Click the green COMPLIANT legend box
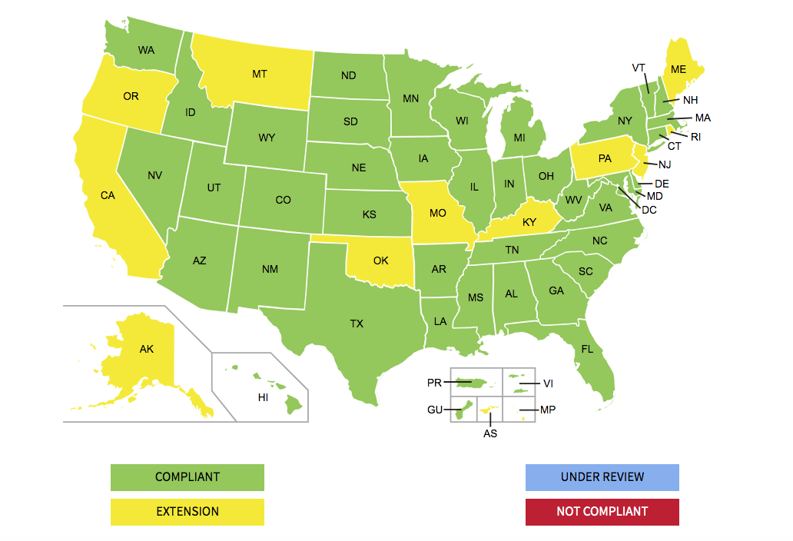(187, 477)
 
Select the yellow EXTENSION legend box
(187, 512)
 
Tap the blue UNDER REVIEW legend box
(602, 477)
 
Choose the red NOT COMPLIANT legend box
(602, 512)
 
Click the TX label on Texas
(357, 324)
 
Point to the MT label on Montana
(259, 75)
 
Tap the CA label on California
(108, 195)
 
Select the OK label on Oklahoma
(380, 261)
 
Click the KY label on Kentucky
(529, 222)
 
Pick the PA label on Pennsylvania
(605, 158)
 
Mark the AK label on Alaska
(147, 349)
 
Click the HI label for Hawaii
(263, 397)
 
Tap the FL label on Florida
(587, 349)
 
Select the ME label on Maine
(678, 69)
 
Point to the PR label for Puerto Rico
(435, 382)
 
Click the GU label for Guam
(435, 410)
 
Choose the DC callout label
(649, 209)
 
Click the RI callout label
(695, 137)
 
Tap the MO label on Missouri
(437, 212)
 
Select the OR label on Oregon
(131, 96)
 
